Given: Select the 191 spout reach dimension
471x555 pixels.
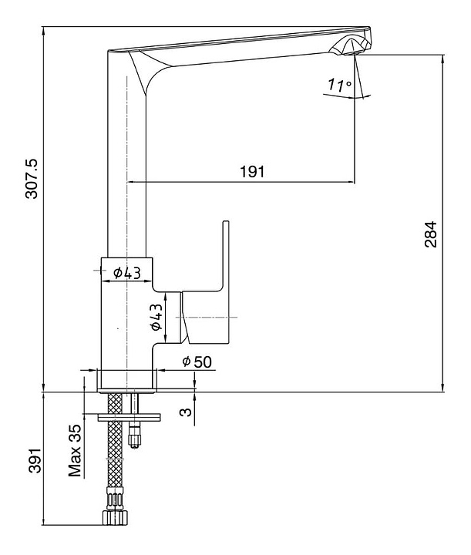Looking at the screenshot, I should tap(251, 172).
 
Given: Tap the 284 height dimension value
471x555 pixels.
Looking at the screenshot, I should tap(430, 234).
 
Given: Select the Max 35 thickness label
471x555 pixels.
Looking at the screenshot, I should tap(76, 450).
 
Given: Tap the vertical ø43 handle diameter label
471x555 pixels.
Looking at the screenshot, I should tap(156, 318).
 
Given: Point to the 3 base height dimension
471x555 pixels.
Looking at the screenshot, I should tap(185, 412).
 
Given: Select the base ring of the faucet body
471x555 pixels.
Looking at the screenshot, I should tap(129, 378).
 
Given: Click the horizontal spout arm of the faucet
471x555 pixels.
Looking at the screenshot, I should tap(247, 48).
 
